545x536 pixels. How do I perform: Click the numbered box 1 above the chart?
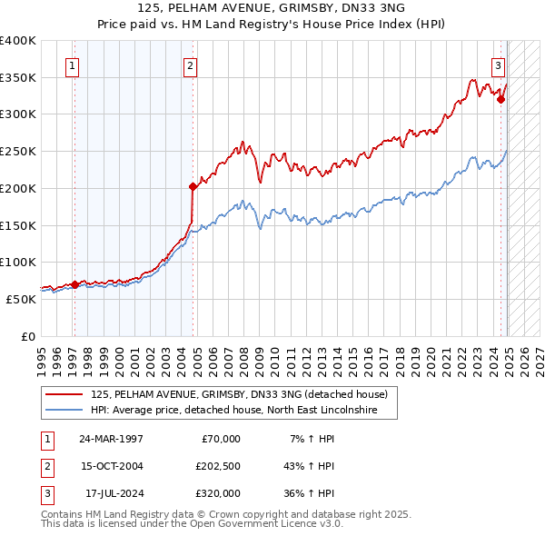(x=71, y=65)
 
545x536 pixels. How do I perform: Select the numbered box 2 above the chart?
(x=190, y=65)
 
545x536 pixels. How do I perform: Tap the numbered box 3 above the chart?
(x=499, y=65)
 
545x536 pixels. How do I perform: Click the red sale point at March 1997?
(x=74, y=284)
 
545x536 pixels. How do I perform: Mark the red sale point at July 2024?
(x=500, y=99)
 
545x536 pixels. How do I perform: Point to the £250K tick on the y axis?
(x=18, y=151)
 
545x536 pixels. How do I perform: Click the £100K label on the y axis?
(x=18, y=262)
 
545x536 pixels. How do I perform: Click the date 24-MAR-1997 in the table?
(x=111, y=439)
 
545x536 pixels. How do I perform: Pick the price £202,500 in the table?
(x=218, y=466)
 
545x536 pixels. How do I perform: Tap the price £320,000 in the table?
(x=218, y=493)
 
